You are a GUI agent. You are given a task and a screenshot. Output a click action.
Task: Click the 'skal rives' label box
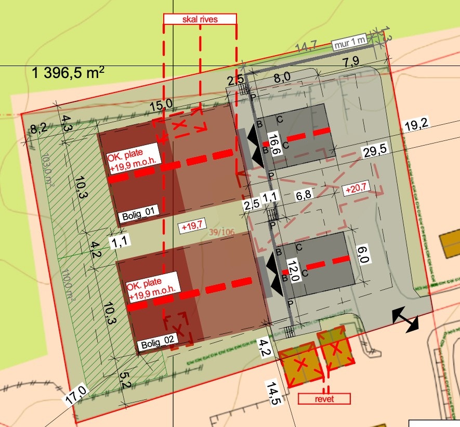(x=200, y=19)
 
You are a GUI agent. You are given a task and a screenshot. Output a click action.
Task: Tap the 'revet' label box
(x=324, y=399)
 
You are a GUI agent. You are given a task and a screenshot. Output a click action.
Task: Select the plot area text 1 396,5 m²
(x=68, y=73)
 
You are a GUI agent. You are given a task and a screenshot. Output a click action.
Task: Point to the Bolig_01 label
(x=136, y=216)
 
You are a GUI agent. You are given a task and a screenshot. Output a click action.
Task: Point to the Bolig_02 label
(x=156, y=344)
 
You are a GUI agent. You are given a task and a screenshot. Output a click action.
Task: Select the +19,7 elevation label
(x=190, y=227)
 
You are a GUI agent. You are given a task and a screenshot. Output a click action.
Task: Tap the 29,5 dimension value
(x=374, y=152)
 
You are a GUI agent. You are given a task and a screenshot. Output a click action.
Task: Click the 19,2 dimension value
(x=417, y=125)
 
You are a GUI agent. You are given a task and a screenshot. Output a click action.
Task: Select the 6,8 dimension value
(x=305, y=196)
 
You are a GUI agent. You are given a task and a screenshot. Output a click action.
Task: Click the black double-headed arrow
(x=405, y=319)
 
